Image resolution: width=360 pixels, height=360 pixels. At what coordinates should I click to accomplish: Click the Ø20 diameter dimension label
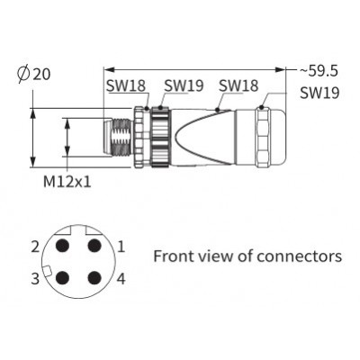(x=34, y=73)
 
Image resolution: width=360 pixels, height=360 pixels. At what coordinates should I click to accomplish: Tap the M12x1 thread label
(x=67, y=182)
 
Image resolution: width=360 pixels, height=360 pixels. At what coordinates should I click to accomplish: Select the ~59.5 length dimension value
(x=319, y=71)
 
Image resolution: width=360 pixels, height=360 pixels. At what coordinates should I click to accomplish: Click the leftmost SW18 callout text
(x=126, y=85)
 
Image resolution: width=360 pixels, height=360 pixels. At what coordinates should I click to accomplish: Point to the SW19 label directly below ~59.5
(x=319, y=93)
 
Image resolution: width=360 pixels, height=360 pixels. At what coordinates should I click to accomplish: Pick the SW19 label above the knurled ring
(x=184, y=85)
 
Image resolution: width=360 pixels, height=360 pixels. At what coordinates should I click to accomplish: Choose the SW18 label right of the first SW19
(x=238, y=85)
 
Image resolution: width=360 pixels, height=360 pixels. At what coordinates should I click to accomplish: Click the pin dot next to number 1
(x=94, y=246)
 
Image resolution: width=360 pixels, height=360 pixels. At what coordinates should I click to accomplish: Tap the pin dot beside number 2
(x=63, y=246)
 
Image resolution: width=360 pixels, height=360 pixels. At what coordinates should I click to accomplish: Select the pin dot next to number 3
(x=63, y=278)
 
